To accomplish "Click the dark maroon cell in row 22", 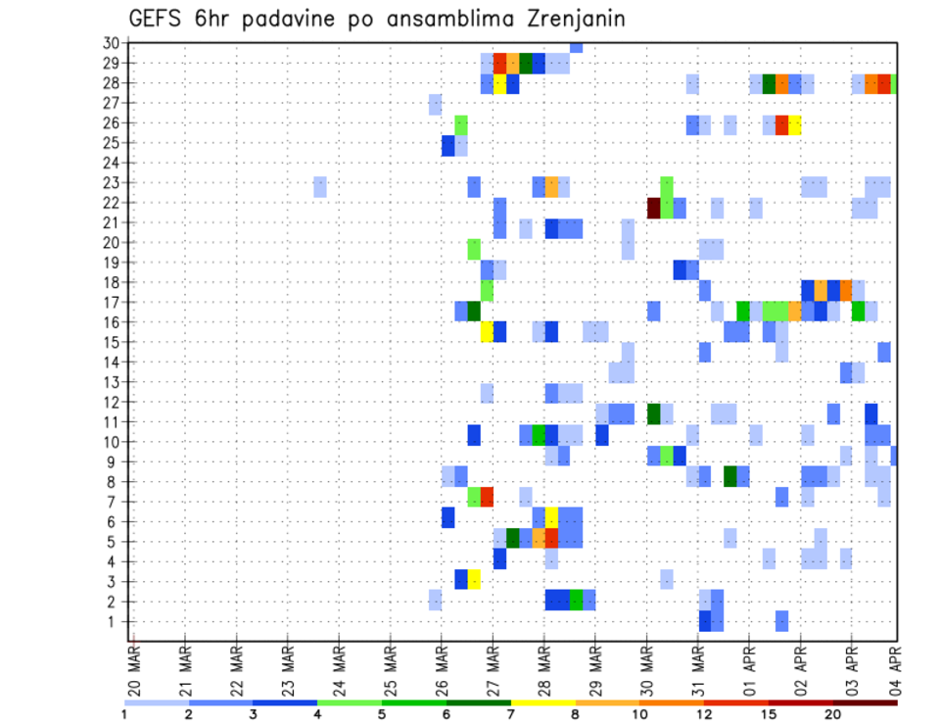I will coord(653,208).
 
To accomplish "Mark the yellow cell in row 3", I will coord(474,579).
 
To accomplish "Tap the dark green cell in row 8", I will coord(730,476).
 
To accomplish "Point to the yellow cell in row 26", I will coord(795,124).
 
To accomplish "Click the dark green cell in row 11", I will coord(653,413).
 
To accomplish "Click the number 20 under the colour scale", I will coord(832,714).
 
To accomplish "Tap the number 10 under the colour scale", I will coord(638,714).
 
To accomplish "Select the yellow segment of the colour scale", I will coord(542,703).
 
